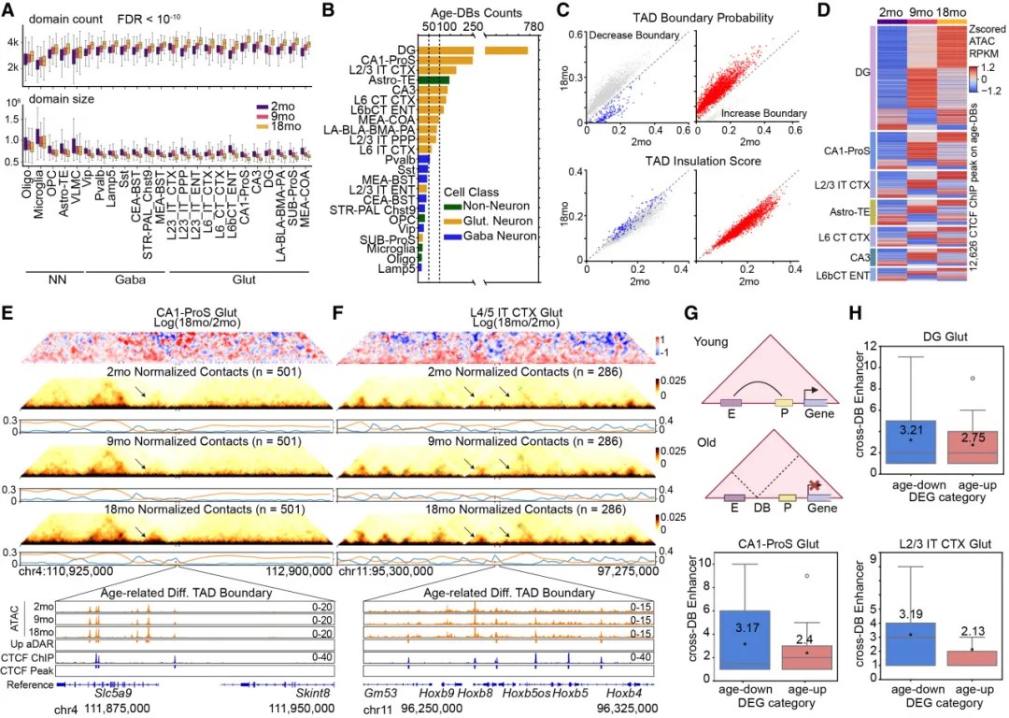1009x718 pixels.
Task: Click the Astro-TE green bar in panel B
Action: tap(433, 81)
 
